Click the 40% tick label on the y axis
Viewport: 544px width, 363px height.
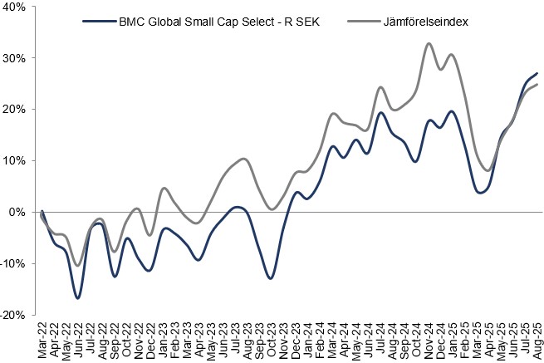click(x=15, y=7)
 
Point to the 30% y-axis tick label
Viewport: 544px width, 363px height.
click(x=15, y=58)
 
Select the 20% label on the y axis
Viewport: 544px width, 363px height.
click(x=15, y=110)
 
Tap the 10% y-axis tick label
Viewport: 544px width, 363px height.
click(x=15, y=161)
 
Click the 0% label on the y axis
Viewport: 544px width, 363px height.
click(x=18, y=213)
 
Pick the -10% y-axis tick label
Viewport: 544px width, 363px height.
click(x=13, y=264)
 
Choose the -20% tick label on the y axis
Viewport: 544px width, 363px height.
click(x=13, y=316)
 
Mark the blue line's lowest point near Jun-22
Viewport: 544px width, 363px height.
click(x=78, y=298)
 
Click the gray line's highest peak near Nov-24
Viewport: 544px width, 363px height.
click(x=429, y=43)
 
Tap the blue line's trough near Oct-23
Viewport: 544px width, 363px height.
click(x=271, y=277)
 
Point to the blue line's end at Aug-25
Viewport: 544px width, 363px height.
click(x=537, y=73)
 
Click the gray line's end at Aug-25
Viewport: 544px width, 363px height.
click(x=537, y=85)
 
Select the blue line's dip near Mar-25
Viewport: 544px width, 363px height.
click(x=482, y=193)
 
